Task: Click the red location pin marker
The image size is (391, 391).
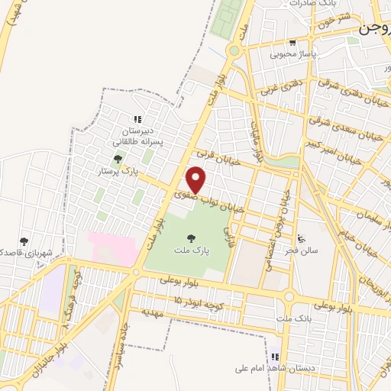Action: [197, 180]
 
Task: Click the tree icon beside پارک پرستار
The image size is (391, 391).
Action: [118, 160]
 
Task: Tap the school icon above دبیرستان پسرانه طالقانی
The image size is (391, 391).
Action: [138, 119]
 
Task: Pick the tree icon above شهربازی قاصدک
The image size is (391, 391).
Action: [24, 241]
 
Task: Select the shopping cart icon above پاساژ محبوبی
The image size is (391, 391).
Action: [292, 43]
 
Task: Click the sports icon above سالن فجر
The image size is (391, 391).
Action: [302, 237]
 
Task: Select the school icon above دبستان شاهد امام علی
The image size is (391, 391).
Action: [274, 356]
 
